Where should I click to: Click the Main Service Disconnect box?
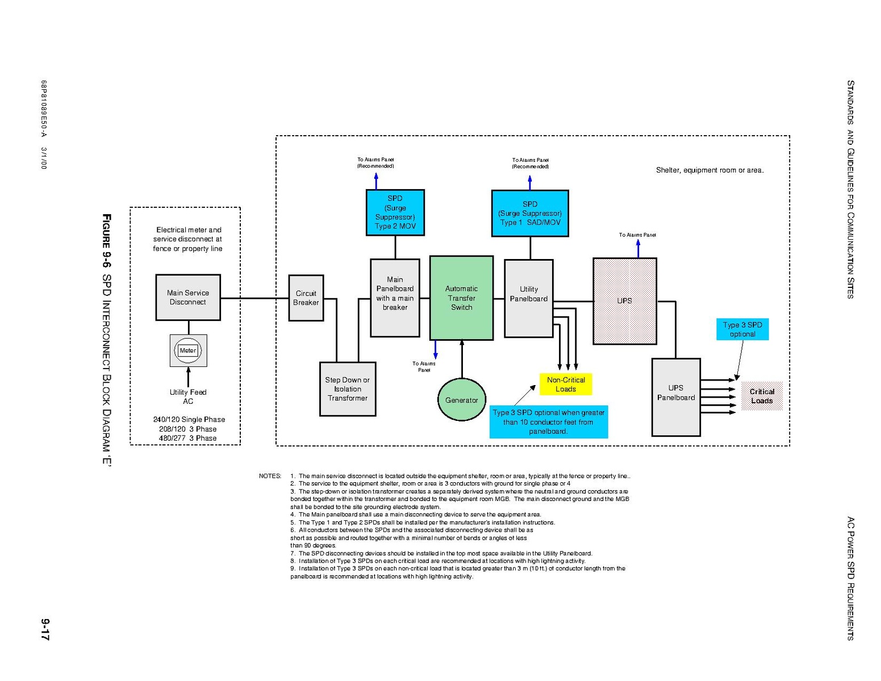pyautogui.click(x=188, y=297)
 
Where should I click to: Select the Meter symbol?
pyautogui.click(x=188, y=350)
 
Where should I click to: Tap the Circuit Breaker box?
pyautogui.click(x=306, y=298)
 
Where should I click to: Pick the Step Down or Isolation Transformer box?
pyautogui.click(x=348, y=389)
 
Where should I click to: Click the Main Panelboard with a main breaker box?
pyautogui.click(x=395, y=298)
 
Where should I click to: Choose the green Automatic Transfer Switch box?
pyautogui.click(x=461, y=298)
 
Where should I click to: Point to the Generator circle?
pyautogui.click(x=461, y=400)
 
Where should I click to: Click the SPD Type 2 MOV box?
pyautogui.click(x=395, y=212)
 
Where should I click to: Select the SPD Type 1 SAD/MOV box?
pyautogui.click(x=530, y=213)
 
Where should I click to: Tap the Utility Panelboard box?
pyautogui.click(x=529, y=298)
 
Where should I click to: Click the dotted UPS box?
pyautogui.click(x=625, y=301)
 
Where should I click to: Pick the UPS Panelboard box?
pyautogui.click(x=676, y=397)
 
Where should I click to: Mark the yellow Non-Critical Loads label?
pyautogui.click(x=566, y=385)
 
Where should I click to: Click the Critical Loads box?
pyautogui.click(x=762, y=396)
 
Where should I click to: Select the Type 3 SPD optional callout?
pyautogui.click(x=742, y=329)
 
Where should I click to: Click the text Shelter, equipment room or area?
pyautogui.click(x=709, y=170)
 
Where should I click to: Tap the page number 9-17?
pyautogui.click(x=45, y=630)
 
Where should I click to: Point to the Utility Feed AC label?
pyautogui.click(x=188, y=396)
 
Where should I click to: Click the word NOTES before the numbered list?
pyautogui.click(x=270, y=476)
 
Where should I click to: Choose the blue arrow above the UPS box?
pyautogui.click(x=638, y=248)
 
